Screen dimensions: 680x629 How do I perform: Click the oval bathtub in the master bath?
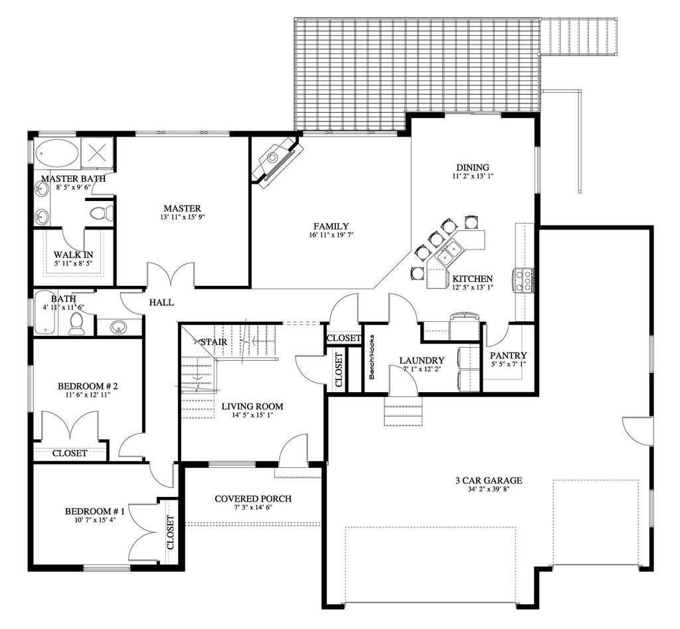(x=57, y=154)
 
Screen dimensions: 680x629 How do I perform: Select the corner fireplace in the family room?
(x=278, y=161)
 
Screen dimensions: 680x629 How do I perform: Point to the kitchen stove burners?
(x=523, y=280)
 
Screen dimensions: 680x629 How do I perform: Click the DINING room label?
(x=473, y=167)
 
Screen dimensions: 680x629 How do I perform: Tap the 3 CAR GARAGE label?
(x=489, y=480)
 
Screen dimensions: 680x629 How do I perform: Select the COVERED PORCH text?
(x=253, y=499)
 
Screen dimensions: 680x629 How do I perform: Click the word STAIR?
(x=213, y=342)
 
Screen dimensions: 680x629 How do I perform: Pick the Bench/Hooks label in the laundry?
(x=372, y=358)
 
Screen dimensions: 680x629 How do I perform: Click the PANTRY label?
(x=509, y=355)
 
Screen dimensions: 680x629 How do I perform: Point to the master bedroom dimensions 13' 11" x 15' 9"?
(x=182, y=217)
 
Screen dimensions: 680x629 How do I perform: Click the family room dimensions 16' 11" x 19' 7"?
(x=331, y=236)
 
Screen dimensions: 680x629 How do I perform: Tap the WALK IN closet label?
(x=73, y=255)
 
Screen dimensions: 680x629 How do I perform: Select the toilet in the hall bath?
(x=76, y=324)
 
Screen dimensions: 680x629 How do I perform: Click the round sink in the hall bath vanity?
(x=117, y=326)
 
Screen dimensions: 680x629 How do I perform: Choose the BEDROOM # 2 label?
(x=88, y=385)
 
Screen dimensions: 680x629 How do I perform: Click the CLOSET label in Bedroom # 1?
(x=170, y=532)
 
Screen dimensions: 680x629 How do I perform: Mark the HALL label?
(x=161, y=303)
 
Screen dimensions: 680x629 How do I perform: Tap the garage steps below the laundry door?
(x=403, y=412)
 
